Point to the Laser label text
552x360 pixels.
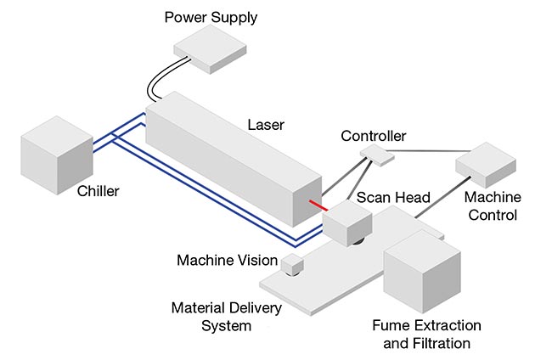pos(266,125)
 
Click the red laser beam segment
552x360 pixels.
pos(319,205)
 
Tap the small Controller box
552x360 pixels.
pos(374,153)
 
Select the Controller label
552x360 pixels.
pos(374,136)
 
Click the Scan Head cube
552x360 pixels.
pos(347,222)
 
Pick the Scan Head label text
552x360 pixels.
pos(393,198)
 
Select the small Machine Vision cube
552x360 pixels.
pos(293,265)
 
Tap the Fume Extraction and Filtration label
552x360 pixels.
pos(426,335)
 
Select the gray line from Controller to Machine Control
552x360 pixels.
pos(425,153)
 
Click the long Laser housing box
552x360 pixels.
pos(234,153)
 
